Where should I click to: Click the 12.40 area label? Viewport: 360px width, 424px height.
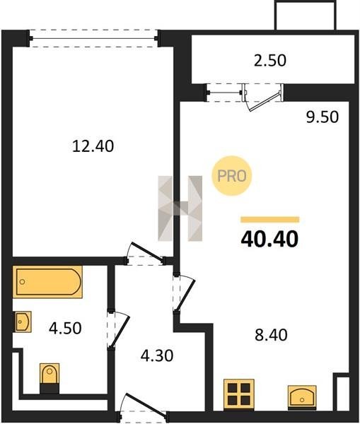[93, 146]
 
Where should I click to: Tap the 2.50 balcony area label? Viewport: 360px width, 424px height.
[270, 61]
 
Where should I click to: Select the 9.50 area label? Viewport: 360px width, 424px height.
[323, 117]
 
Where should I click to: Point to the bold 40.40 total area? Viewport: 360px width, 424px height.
[269, 240]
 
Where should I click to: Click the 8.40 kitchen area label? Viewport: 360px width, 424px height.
[271, 335]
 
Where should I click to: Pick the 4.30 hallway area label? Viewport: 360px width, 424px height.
[157, 355]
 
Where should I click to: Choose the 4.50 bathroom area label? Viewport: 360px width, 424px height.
[65, 328]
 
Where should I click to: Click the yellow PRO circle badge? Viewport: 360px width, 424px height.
[232, 176]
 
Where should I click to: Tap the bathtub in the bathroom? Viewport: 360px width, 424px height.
[47, 282]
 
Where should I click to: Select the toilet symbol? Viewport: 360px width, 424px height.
[50, 378]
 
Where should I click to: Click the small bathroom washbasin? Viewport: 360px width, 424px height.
[23, 322]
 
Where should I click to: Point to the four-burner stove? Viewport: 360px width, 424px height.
[239, 394]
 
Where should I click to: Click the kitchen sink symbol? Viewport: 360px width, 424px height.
[302, 397]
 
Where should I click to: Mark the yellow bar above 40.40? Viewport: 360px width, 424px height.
[270, 219]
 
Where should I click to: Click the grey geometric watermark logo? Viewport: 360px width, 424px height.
[180, 208]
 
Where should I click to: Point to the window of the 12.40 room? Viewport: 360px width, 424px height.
[93, 38]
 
